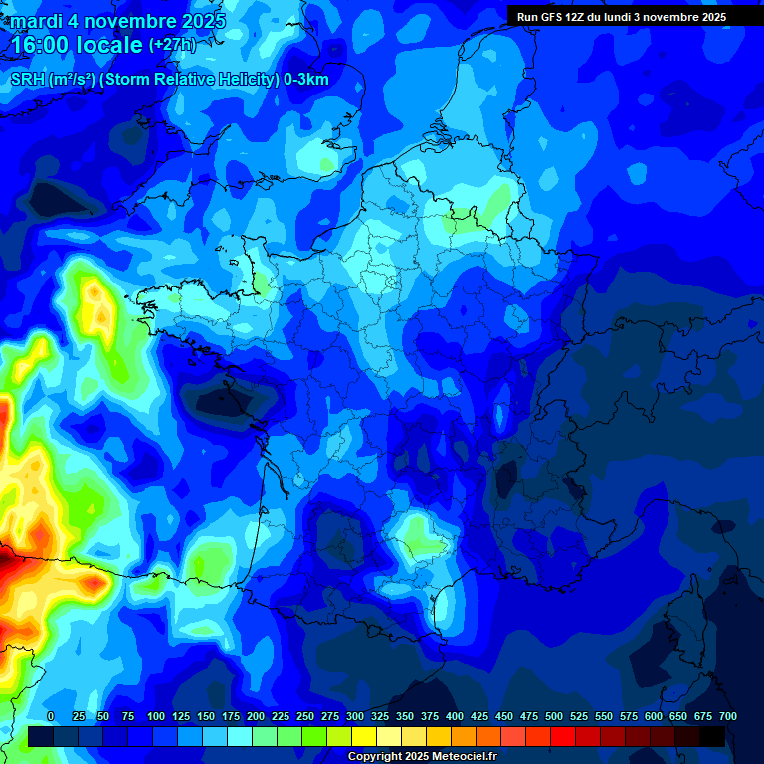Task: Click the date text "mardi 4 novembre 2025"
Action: (117, 21)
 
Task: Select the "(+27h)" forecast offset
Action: (173, 45)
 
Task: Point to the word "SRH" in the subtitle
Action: (27, 80)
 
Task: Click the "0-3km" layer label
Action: (306, 80)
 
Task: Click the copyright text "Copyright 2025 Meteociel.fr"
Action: (423, 757)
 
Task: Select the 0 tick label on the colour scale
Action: (51, 716)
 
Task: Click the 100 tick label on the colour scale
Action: (156, 716)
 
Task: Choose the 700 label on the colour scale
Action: (728, 716)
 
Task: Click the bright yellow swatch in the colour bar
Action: (364, 736)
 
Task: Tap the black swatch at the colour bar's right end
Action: (712, 736)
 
